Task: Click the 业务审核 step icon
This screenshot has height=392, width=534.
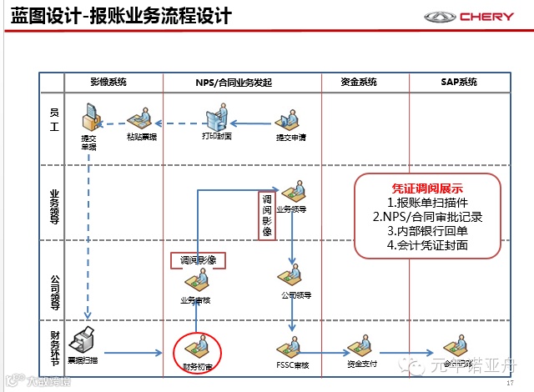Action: click(197, 281)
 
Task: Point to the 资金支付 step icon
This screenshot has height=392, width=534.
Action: click(360, 345)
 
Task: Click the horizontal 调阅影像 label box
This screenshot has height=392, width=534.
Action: click(199, 260)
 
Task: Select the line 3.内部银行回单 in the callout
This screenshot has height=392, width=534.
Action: click(428, 231)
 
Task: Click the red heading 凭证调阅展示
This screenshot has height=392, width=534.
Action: click(427, 188)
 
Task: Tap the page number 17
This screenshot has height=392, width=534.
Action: click(510, 383)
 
